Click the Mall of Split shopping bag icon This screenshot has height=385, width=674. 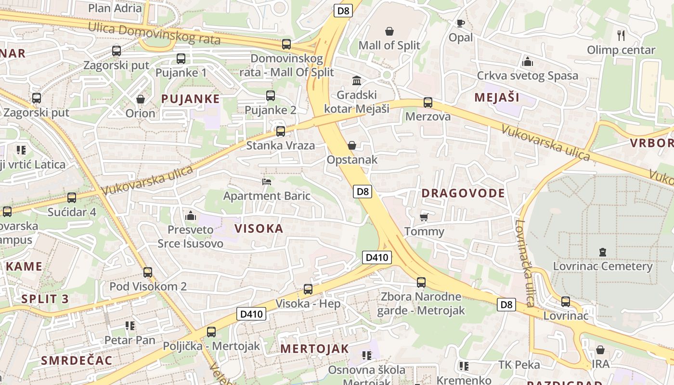point(389,32)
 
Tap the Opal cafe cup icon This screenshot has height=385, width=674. point(461,23)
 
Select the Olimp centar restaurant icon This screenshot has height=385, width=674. point(621,35)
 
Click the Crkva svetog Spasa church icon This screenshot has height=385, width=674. point(528,62)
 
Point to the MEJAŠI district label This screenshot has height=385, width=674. point(497,97)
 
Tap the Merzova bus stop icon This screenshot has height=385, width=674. point(428,103)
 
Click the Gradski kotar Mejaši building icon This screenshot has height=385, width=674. point(357,80)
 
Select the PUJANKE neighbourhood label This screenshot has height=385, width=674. point(191,99)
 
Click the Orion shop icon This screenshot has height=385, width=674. point(141,99)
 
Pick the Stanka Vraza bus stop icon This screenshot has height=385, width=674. point(281,131)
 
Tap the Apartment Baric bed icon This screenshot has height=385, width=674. point(267,181)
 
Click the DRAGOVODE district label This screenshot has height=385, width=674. point(463,193)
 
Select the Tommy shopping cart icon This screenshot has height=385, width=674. point(424,218)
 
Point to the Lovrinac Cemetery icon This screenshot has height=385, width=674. point(602,252)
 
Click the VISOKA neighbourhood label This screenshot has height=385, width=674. point(259,229)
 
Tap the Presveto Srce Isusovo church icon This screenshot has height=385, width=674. point(191,216)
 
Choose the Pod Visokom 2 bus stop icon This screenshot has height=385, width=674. point(148,272)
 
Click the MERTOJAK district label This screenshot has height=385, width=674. point(314,349)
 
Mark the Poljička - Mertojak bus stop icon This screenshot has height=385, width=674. point(211,332)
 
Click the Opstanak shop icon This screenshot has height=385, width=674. point(352,145)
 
